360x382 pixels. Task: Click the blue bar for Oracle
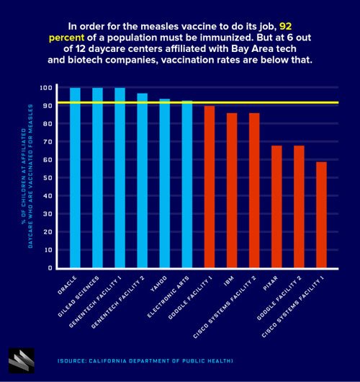75,178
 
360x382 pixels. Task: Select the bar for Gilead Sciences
97,178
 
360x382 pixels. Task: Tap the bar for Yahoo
165,184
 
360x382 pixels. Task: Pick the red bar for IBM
232,190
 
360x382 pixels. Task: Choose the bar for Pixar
276,207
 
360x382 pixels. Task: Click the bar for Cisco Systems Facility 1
321,215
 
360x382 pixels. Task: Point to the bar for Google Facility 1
210,187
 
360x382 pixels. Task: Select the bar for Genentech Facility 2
142,180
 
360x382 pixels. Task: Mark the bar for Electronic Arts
187,185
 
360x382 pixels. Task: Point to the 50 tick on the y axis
48,177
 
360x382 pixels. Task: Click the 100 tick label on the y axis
46,88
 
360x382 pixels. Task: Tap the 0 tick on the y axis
50,268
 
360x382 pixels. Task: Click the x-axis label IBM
228,281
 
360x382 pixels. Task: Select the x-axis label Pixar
270,283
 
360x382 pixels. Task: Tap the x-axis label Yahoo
158,283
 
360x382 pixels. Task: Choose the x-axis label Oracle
67,285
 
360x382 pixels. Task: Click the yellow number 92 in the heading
285,27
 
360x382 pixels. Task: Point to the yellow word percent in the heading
66,38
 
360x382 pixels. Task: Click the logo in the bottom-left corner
22,360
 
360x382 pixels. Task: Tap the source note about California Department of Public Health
145,361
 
